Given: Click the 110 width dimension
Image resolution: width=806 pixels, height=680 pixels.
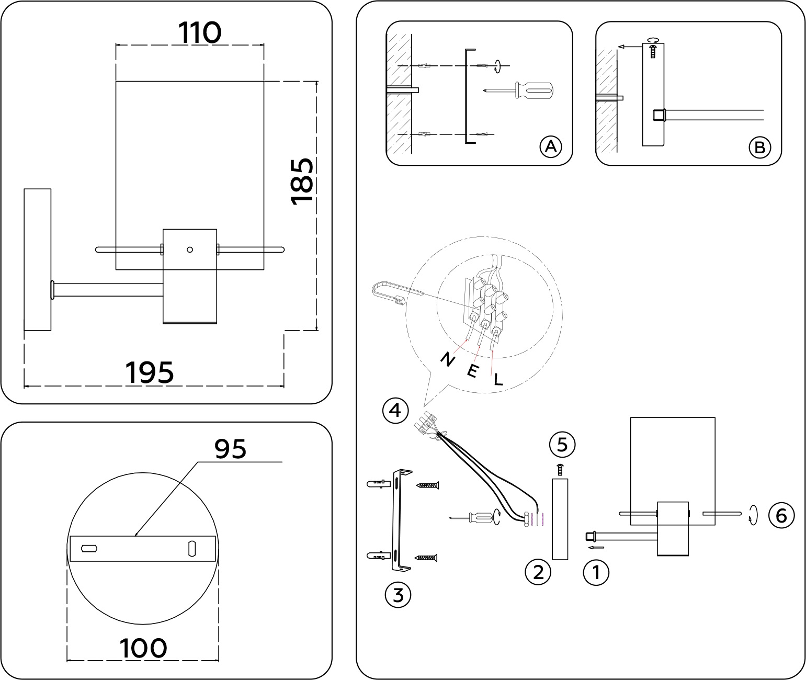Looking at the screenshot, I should click(x=200, y=33).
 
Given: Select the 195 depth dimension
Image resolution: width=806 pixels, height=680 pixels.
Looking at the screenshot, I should click(x=149, y=373).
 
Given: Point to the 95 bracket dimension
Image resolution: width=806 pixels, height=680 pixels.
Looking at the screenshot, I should click(x=230, y=448).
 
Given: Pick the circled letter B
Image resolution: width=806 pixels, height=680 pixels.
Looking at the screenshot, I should click(x=759, y=148).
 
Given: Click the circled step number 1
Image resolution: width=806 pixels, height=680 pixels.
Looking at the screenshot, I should click(x=596, y=572).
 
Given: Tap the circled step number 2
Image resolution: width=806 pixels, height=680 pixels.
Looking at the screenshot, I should click(x=538, y=572).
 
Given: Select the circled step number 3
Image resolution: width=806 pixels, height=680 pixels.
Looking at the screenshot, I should click(x=398, y=595).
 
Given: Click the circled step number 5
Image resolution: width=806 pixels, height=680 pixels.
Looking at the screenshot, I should click(x=562, y=445).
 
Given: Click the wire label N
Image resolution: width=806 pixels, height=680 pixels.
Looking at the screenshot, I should click(x=447, y=359).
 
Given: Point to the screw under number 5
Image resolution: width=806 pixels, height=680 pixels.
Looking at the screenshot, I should click(x=560, y=469).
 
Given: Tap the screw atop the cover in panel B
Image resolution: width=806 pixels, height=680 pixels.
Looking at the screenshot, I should click(x=652, y=51).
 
